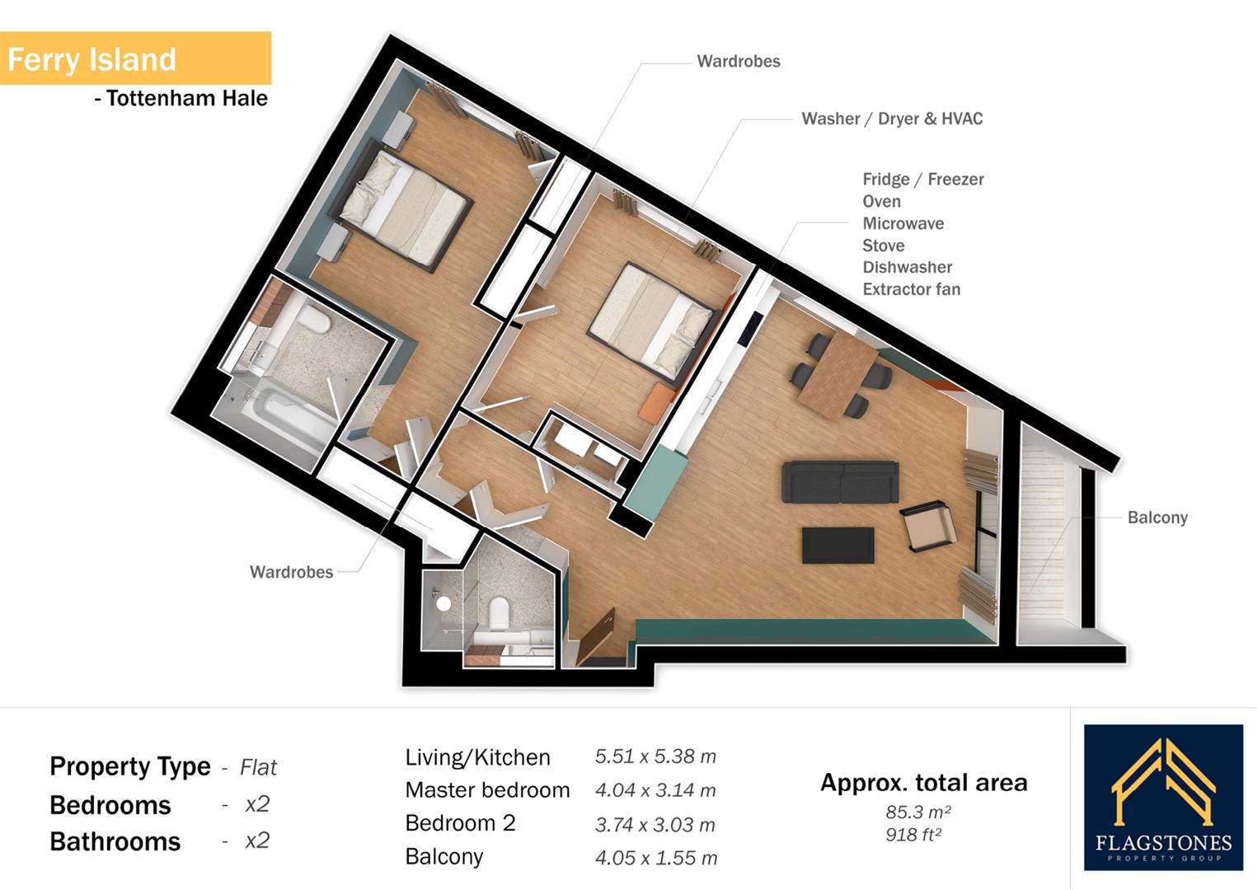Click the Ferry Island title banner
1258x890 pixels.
[134, 59]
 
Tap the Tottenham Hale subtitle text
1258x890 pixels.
[181, 99]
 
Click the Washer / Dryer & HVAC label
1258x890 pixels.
[891, 119]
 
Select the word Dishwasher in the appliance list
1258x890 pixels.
[907, 267]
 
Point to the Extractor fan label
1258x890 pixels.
[911, 289]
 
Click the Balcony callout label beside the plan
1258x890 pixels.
[1157, 518]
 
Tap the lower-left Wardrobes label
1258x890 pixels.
[291, 572]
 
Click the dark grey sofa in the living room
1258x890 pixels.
[839, 481]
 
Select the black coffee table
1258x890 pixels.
[838, 546]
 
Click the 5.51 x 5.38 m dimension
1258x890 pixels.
[655, 756]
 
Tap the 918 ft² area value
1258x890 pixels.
[913, 835]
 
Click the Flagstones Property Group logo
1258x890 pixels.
[1162, 797]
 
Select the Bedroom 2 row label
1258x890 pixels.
[459, 823]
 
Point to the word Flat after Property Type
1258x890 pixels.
[258, 768]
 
